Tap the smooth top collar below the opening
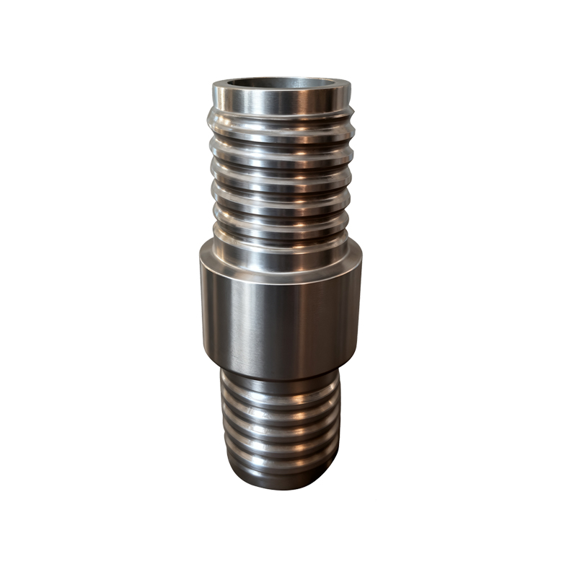[281, 100]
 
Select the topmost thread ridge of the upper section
[281, 120]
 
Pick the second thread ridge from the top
[281, 144]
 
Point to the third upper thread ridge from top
[281, 168]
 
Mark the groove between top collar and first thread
[281, 110]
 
